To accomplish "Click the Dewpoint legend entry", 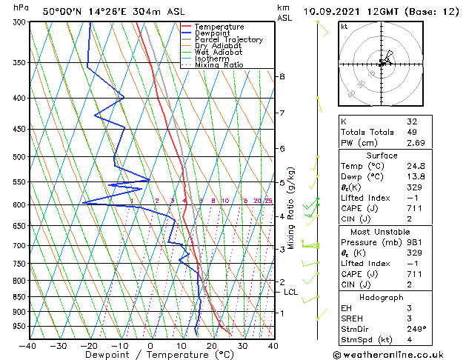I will pyautogui.click(x=212, y=33).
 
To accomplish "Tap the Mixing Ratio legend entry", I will pyautogui.click(x=219, y=65).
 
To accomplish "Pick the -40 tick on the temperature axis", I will pyautogui.click(x=28, y=345).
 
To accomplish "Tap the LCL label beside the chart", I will pyautogui.click(x=290, y=292).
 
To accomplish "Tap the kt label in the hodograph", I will pyautogui.click(x=344, y=26).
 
